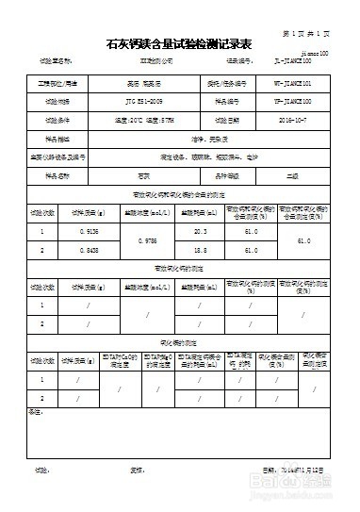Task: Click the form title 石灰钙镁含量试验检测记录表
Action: coord(179,44)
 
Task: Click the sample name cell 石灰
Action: coord(144,175)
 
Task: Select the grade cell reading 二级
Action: coord(293,175)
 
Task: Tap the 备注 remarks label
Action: coord(36,411)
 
